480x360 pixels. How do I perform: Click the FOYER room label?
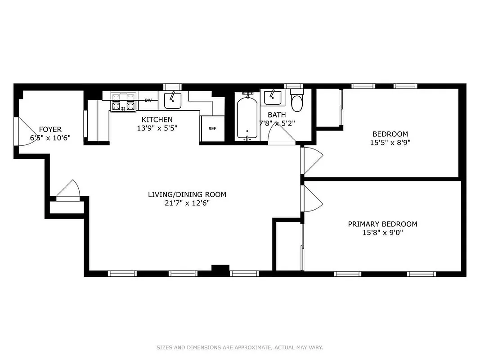point(50,130)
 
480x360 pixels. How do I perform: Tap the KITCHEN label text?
point(157,120)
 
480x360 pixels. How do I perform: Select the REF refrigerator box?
point(212,129)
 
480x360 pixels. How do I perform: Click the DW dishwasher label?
point(148,100)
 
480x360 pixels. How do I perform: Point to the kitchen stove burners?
point(123,102)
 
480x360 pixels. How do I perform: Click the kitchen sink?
point(173,100)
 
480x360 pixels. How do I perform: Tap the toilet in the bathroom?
point(297,103)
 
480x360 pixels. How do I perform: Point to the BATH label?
point(277,115)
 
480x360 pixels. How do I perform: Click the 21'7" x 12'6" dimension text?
point(187,203)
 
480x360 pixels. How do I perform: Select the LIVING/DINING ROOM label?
point(187,194)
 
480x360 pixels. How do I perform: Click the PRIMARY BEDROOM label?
point(382,224)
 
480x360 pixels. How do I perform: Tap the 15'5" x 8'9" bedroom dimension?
point(390,142)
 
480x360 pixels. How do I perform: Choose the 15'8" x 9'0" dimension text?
point(382,233)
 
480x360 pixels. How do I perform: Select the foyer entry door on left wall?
point(20,131)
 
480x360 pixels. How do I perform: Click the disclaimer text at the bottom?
point(240,347)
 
